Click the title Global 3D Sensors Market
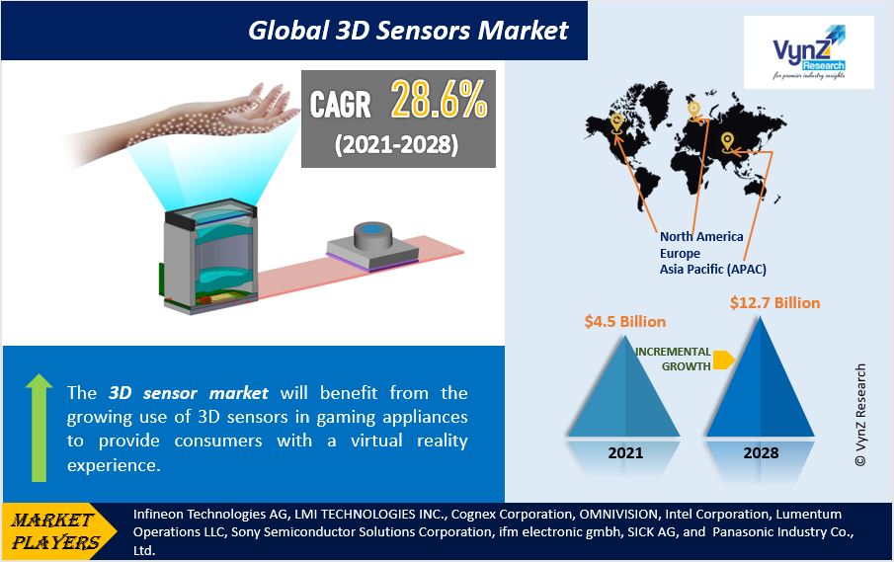point(408,31)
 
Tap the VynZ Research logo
point(808,52)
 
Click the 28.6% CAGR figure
point(439,99)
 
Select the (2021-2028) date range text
point(397,144)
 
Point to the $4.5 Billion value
point(625,322)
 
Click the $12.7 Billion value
point(774,302)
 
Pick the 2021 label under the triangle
point(625,453)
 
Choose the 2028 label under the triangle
point(761,453)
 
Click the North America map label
point(701,236)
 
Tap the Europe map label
point(680,253)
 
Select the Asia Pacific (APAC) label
point(712,269)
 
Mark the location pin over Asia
point(727,142)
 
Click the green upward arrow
point(39,428)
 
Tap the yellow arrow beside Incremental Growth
point(723,361)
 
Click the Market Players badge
point(58,531)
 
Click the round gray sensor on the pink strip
point(374,235)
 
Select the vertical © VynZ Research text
point(860,415)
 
